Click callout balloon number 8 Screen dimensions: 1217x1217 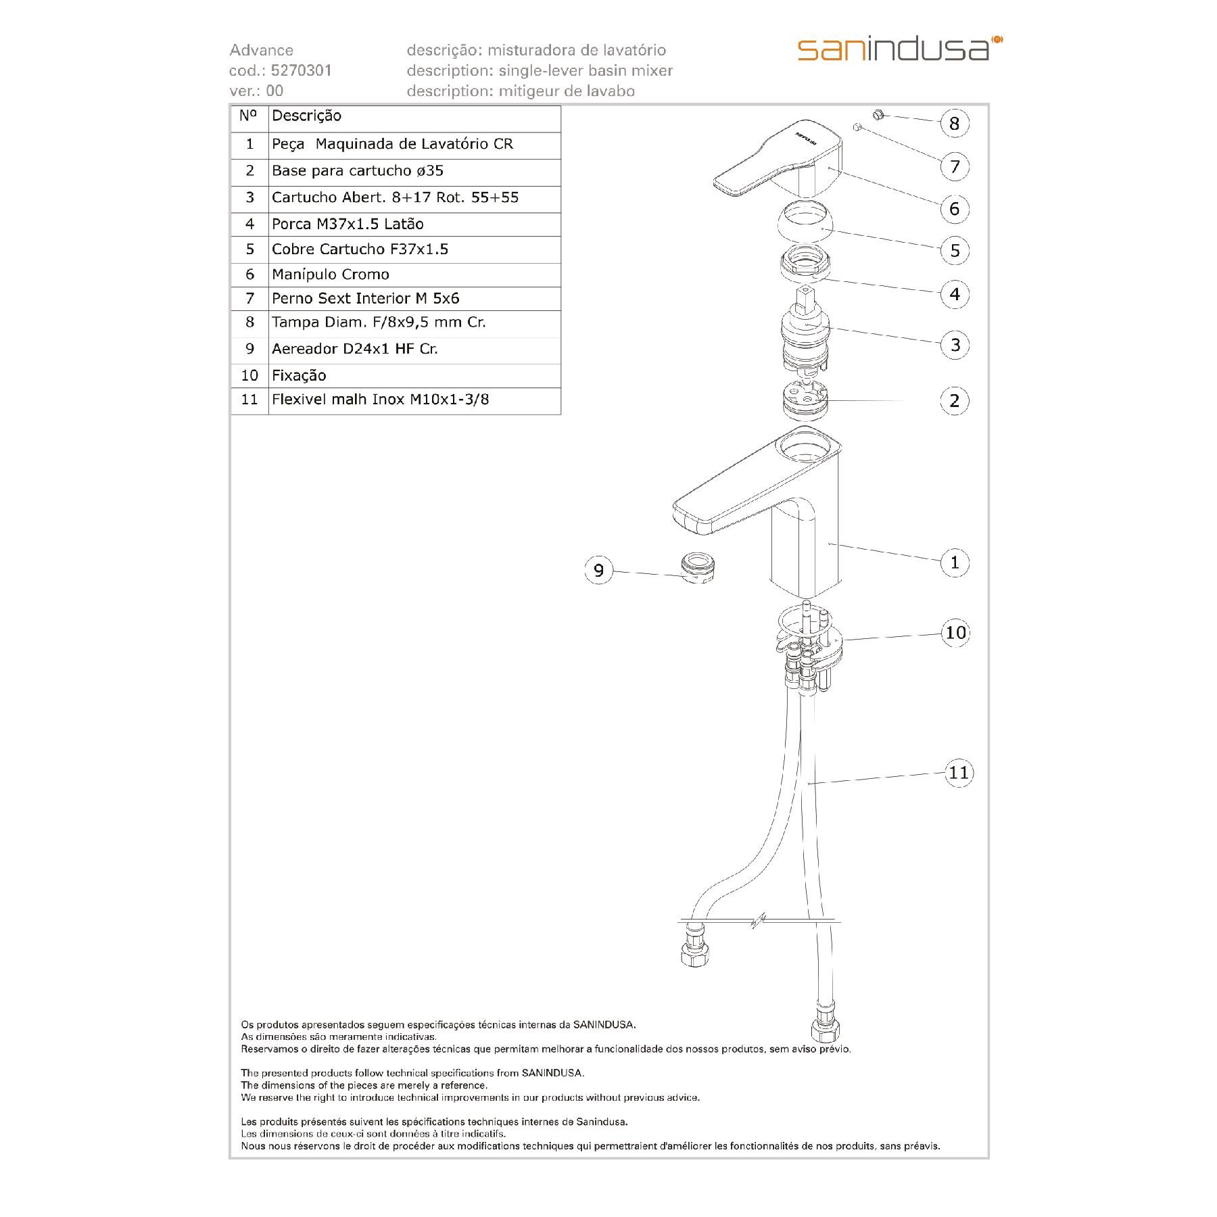click(954, 123)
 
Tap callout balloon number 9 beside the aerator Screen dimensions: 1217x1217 click(598, 571)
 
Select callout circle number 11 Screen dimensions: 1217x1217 click(959, 772)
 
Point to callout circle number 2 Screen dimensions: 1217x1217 click(954, 401)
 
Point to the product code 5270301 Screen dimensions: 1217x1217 click(301, 71)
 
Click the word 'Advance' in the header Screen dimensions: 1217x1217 click(261, 50)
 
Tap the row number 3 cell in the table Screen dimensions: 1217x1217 click(249, 198)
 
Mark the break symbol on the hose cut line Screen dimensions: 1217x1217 click(759, 921)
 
